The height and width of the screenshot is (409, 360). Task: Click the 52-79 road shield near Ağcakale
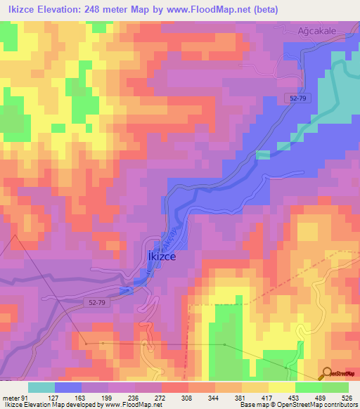point(297,98)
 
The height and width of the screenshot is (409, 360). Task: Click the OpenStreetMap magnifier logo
point(328,372)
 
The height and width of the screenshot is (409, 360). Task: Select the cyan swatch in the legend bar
point(41,387)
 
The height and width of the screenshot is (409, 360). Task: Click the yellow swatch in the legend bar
point(281,387)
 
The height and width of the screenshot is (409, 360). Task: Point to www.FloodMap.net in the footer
point(134,404)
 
